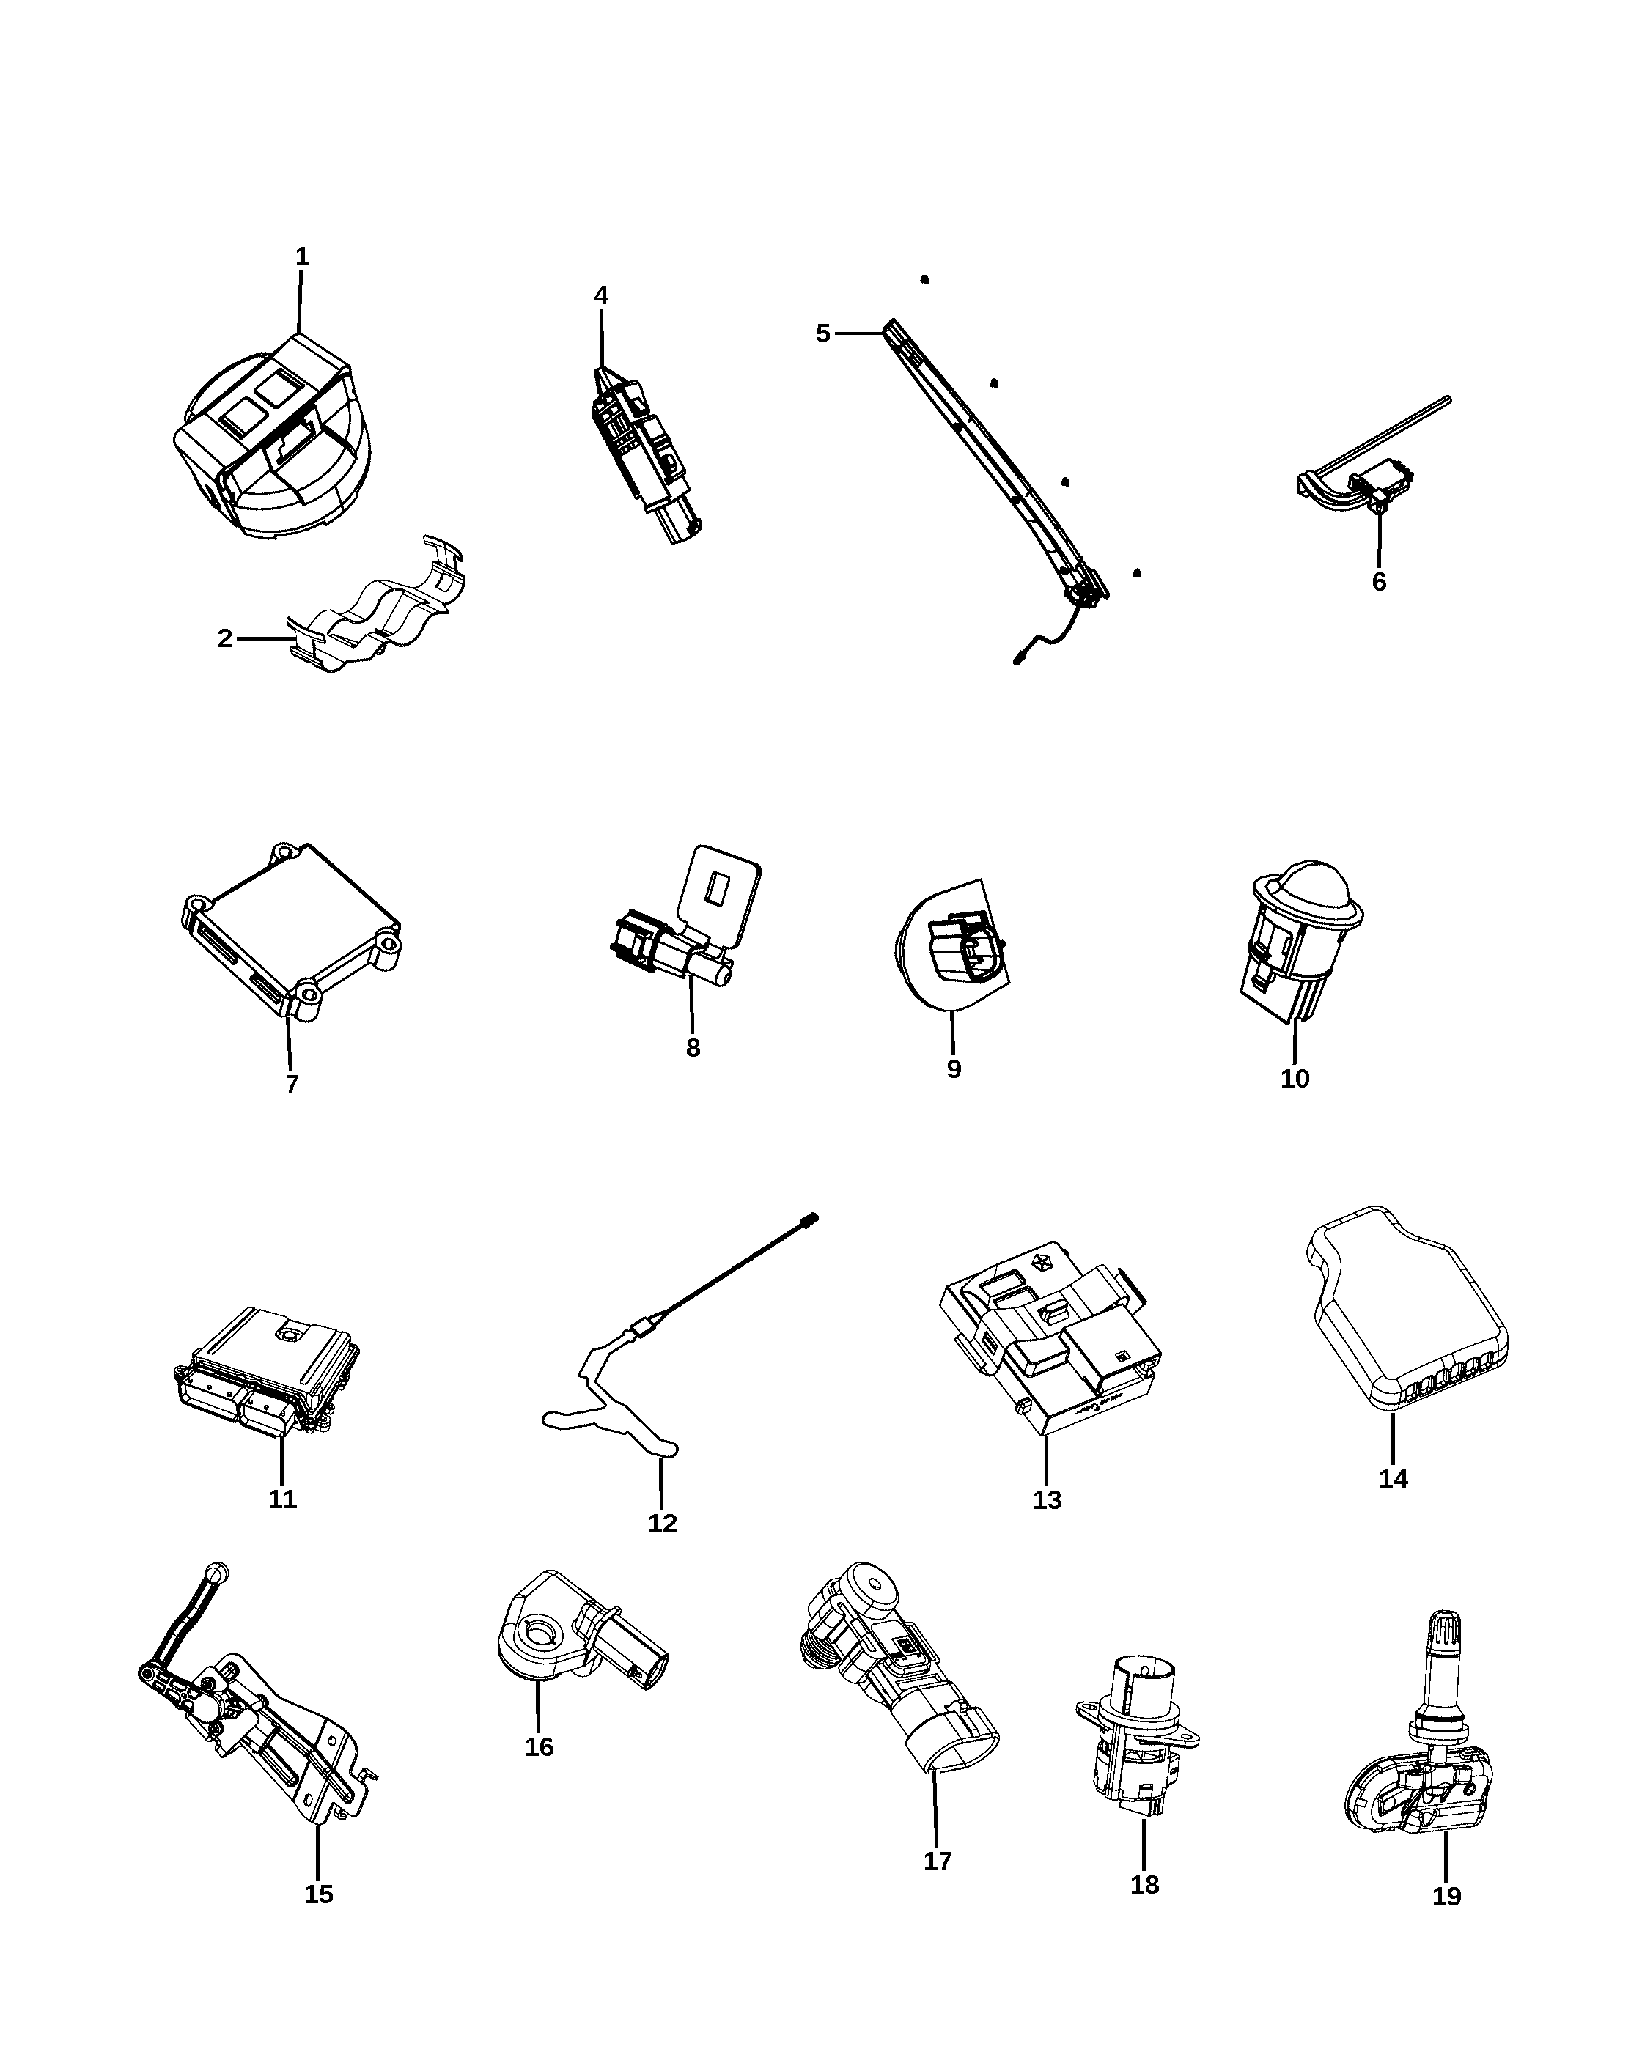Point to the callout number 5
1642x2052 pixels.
[x=823, y=333]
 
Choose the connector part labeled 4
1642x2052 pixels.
[x=647, y=455]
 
